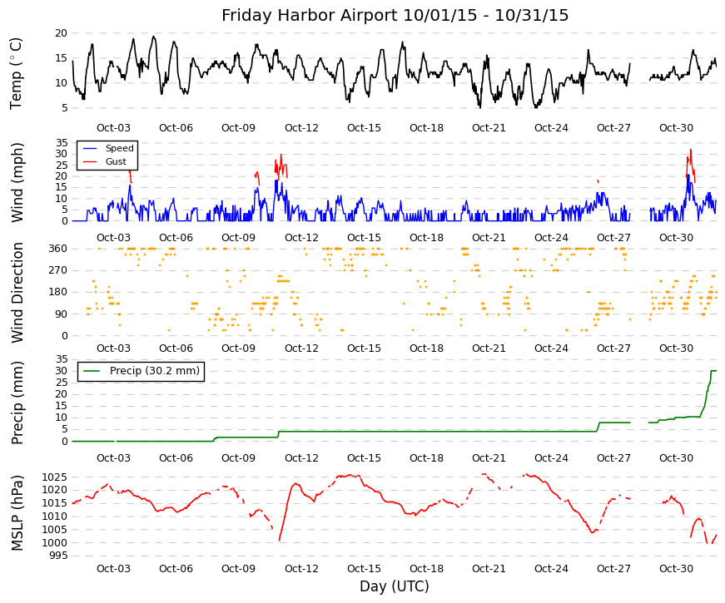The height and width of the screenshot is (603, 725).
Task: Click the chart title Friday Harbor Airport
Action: pyautogui.click(x=309, y=15)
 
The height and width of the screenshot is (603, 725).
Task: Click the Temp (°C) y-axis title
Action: pyautogui.click(x=16, y=73)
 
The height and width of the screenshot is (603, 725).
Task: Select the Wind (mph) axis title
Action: pyautogui.click(x=17, y=182)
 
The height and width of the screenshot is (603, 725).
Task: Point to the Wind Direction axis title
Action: pyautogui.click(x=17, y=293)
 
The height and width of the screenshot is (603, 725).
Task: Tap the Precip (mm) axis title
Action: pyautogui.click(x=17, y=403)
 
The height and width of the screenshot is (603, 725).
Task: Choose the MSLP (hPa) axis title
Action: pyautogui.click(x=17, y=513)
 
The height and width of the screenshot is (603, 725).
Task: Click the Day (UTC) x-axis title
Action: pyautogui.click(x=395, y=586)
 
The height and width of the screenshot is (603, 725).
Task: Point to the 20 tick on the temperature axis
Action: pyautogui.click(x=61, y=33)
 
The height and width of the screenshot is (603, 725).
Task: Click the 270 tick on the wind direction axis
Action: pyautogui.click(x=58, y=270)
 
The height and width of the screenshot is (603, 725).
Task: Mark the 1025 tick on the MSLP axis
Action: pyautogui.click(x=55, y=477)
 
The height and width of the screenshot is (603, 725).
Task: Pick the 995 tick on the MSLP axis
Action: pyautogui.click(x=57, y=556)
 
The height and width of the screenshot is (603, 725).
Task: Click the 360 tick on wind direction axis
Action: pyautogui.click(x=58, y=249)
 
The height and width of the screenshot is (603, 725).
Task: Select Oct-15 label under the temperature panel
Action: pyautogui.click(x=364, y=128)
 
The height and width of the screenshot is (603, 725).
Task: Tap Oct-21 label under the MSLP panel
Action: pyautogui.click(x=489, y=569)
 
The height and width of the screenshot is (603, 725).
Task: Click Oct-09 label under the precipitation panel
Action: pyautogui.click(x=238, y=458)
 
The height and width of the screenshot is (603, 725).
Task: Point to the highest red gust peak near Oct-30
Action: pyautogui.click(x=691, y=149)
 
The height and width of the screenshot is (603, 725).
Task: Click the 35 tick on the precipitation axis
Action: pyautogui.click(x=61, y=359)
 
